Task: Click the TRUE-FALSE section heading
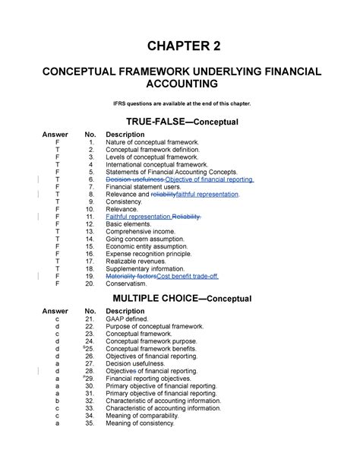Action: (179, 122)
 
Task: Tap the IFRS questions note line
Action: (179, 103)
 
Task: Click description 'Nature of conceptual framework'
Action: (153, 142)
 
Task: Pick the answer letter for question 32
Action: (56, 400)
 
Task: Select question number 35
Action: (90, 422)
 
